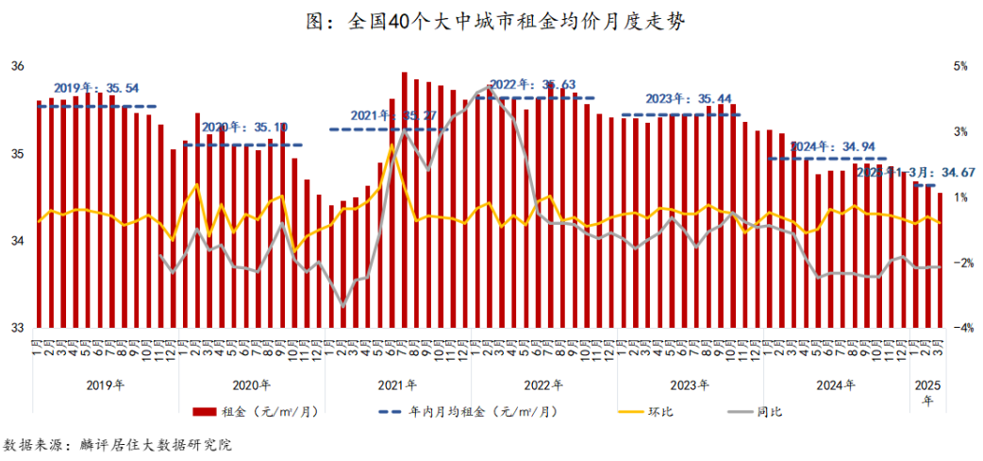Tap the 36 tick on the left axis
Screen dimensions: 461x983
[x=17, y=66]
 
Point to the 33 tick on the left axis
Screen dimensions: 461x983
[x=17, y=328]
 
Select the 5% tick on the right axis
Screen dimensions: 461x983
[x=960, y=66]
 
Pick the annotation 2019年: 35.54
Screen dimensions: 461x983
[x=96, y=87]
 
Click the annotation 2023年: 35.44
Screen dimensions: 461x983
[x=688, y=98]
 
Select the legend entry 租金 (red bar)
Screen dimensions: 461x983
[x=254, y=411]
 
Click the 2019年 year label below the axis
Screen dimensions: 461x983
[x=105, y=385]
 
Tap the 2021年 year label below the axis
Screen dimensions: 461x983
[x=397, y=385]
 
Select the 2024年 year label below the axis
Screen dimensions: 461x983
[x=836, y=385]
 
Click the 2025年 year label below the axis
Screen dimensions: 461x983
[x=927, y=391]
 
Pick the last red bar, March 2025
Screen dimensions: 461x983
[x=940, y=260]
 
